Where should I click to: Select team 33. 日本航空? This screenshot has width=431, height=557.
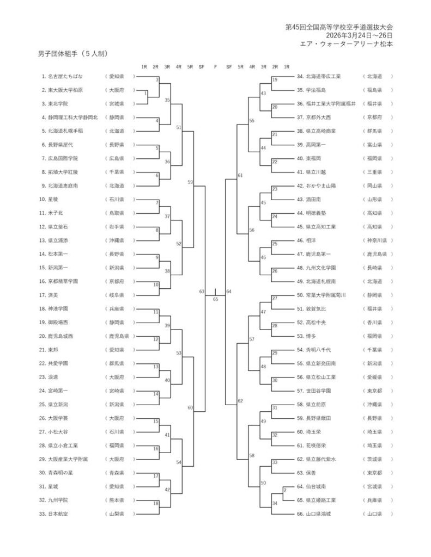coord(53,513)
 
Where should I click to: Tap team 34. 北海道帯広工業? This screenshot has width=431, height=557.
coord(319,76)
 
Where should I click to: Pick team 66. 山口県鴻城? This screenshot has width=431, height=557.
coord(313,513)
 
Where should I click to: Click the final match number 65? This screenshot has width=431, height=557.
coord(215,299)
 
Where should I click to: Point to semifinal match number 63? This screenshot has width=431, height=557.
coord(202,292)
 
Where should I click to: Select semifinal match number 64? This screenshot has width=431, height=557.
coord(229,292)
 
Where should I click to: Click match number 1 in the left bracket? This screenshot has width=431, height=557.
coord(145,94)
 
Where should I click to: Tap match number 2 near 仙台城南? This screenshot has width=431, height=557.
coord(285,490)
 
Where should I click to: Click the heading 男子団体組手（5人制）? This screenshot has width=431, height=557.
coord(72,54)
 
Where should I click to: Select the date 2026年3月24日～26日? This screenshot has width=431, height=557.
coord(359,35)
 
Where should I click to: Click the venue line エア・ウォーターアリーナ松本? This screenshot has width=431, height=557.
coord(347,44)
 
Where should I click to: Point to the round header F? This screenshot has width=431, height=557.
coord(215,67)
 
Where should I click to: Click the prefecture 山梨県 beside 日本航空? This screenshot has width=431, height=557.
coord(117,513)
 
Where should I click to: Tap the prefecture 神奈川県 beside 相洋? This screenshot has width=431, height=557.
coord(377,240)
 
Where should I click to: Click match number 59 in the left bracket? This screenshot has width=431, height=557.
coord(190,182)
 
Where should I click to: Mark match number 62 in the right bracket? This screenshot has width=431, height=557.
coord(240,401)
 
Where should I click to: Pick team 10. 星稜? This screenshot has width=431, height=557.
coord(48,199)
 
